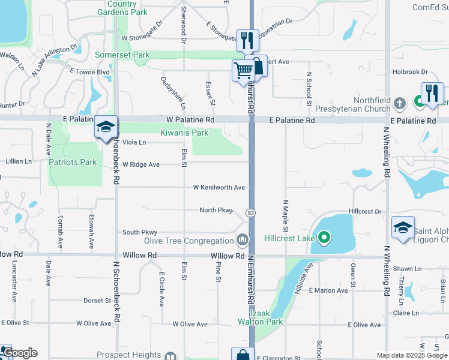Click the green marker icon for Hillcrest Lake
324,238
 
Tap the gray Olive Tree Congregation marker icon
242,240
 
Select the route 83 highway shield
250,214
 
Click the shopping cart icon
243,71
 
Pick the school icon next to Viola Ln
106,127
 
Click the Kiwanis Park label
184,133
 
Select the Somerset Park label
122,55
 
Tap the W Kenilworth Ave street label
218,188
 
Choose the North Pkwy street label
216,210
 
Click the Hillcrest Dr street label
365,212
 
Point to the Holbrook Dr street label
410,72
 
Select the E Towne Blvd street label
89,71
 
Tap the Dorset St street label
97,301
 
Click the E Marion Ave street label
328,290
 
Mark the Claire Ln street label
406,313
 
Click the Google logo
20,353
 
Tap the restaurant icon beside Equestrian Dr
247,40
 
